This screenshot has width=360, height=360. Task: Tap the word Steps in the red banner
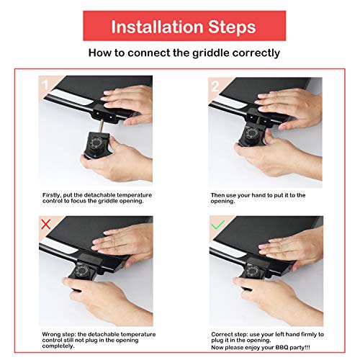coord(230,27)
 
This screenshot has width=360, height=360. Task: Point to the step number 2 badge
coord(215,84)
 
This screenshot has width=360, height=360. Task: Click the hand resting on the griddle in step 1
coord(130,99)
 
